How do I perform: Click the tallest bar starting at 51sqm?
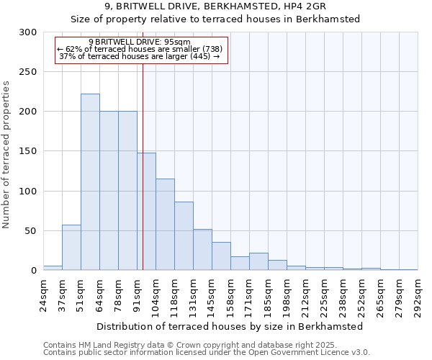90,182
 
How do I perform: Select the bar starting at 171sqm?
258,262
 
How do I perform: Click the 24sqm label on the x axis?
43,294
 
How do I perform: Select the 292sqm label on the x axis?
418,294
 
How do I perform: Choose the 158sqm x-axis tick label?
230,294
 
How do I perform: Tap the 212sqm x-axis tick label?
305,294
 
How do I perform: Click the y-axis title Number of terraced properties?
6,155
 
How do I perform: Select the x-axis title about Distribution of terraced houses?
230,326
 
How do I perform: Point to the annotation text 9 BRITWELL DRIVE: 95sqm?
140,42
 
